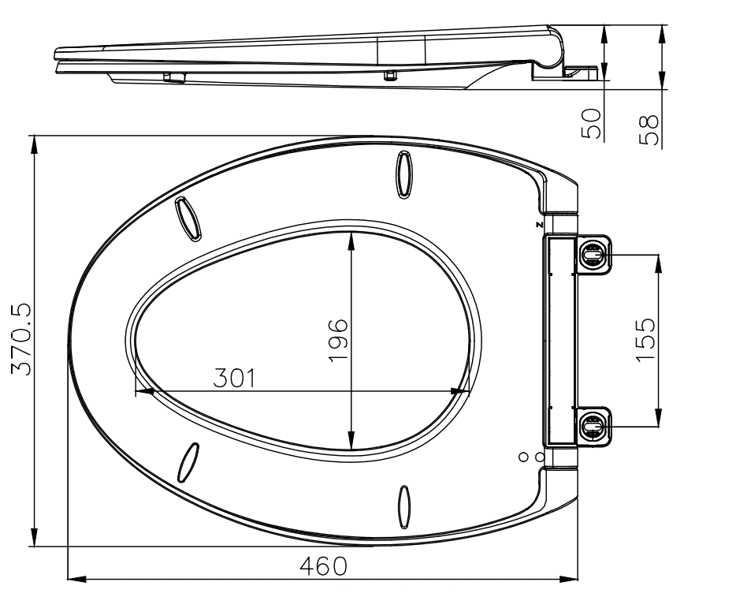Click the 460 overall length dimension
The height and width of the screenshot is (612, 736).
coord(324,566)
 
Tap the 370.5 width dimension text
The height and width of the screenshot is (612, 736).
coord(21,338)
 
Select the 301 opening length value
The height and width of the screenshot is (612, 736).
coord(235,378)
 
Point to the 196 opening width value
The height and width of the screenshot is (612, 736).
coord(339,341)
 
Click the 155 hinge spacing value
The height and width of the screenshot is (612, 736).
coord(646,340)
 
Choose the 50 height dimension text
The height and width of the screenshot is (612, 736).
coord(592,124)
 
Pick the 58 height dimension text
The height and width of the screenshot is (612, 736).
coord(649,129)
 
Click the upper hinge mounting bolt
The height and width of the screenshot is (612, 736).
coord(593,255)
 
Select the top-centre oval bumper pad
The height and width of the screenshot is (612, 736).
coord(404,174)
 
